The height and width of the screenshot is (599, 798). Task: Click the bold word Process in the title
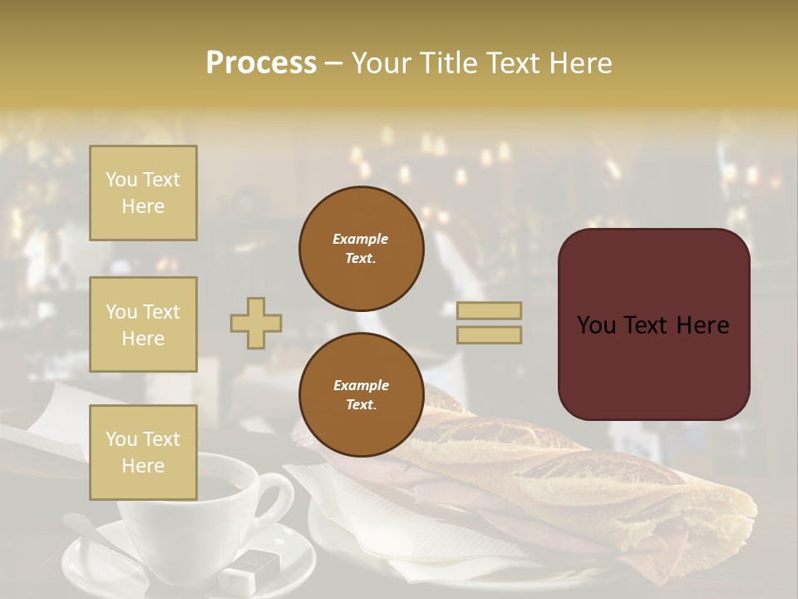tap(261, 63)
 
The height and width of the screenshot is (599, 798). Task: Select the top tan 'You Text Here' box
tap(143, 193)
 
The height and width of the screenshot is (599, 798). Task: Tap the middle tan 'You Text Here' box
tap(143, 324)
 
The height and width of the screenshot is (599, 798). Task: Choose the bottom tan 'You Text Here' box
tap(143, 452)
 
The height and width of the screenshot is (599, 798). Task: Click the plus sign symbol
tap(256, 323)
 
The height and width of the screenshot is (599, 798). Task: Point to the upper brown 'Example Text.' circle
tap(361, 249)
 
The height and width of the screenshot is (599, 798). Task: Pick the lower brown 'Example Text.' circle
tap(361, 395)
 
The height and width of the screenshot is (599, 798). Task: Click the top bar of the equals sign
tap(489, 310)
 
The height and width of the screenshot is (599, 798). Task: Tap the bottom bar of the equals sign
tap(489, 334)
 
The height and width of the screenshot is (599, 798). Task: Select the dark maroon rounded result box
tap(653, 324)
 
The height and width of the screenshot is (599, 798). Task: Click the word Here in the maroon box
tap(701, 325)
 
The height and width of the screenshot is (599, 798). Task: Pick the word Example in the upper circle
tap(361, 239)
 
